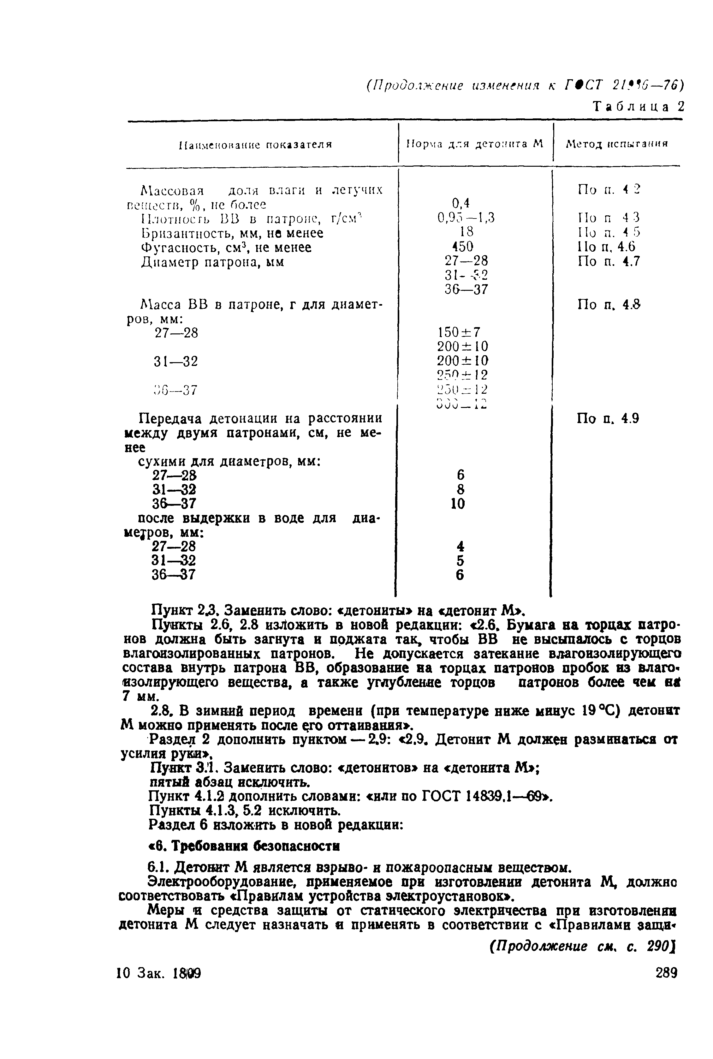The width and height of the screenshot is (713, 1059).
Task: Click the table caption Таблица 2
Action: (x=639, y=106)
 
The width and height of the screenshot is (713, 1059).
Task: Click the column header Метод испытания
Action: (x=617, y=144)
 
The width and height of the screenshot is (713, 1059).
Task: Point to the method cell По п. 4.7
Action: (x=609, y=261)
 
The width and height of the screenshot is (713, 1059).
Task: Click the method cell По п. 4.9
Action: (x=608, y=418)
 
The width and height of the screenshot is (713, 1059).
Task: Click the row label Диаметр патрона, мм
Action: (x=213, y=262)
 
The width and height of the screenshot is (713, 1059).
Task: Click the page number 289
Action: (x=666, y=973)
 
